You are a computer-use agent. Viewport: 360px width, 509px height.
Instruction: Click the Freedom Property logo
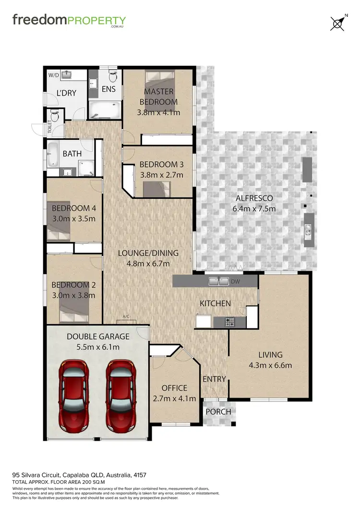click(69, 21)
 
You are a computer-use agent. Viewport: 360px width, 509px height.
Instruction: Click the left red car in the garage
click(73, 397)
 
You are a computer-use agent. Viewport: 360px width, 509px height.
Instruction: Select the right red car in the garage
click(121, 397)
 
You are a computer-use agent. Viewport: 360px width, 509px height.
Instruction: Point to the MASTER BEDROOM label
click(158, 97)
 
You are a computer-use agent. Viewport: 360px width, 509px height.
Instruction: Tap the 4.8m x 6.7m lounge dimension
click(149, 263)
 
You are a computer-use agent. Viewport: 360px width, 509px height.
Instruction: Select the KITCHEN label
click(215, 303)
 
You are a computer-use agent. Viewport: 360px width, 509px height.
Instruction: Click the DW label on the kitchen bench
click(235, 281)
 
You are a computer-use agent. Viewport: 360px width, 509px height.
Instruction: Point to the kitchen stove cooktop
click(230, 322)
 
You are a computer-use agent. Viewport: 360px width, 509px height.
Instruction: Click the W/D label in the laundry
click(53, 75)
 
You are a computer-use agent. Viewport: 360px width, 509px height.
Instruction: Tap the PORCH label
click(218, 412)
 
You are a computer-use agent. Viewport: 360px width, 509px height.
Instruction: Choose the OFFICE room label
click(174, 388)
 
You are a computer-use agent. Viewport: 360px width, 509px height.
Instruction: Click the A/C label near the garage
click(127, 317)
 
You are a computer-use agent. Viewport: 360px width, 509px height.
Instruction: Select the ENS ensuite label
click(108, 89)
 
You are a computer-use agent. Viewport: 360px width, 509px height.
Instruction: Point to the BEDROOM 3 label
click(161, 164)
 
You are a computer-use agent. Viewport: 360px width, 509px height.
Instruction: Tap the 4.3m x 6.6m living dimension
click(270, 365)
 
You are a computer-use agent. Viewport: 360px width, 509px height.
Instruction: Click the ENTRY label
click(214, 379)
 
